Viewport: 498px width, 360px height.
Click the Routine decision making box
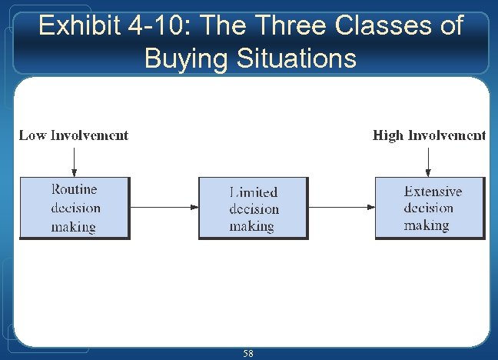tap(75, 208)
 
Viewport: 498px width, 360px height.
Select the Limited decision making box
tap(254, 208)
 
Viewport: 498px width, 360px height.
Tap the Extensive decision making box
tap(430, 208)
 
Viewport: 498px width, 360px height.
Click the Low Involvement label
tap(74, 135)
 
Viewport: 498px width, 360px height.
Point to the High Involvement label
tap(429, 135)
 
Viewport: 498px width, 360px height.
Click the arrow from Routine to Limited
tap(164, 207)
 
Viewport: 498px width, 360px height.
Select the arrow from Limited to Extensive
tap(341, 207)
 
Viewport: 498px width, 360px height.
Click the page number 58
tap(248, 353)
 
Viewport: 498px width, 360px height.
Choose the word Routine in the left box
tap(75, 189)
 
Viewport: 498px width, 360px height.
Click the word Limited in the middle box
tap(254, 192)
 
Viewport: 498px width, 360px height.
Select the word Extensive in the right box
tap(433, 192)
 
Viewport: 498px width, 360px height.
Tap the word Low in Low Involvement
tap(32, 135)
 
